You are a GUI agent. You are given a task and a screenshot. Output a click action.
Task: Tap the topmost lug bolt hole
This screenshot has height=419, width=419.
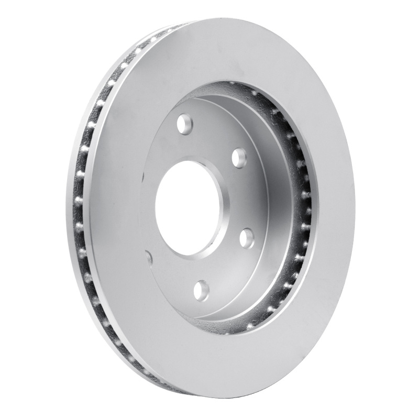click(x=185, y=124)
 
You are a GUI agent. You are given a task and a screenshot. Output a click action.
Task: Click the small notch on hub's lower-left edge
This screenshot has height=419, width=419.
click(x=149, y=257)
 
